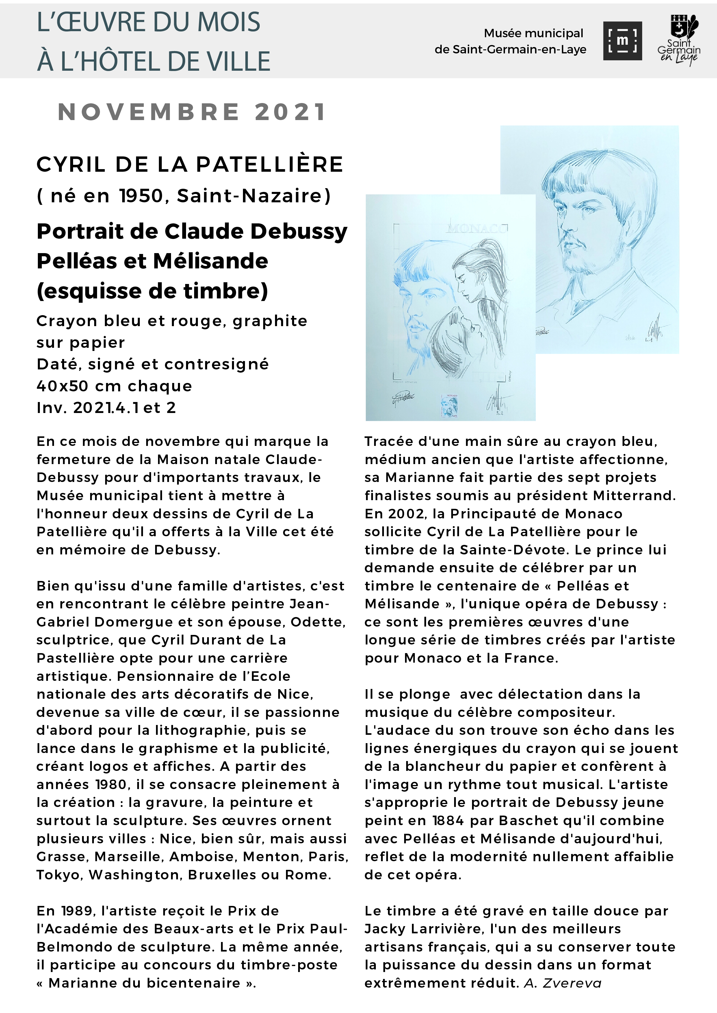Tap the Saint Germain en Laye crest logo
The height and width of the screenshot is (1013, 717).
(679, 40)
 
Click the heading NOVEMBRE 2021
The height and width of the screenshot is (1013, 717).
(192, 112)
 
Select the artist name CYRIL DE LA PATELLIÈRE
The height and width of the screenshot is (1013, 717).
(190, 165)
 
